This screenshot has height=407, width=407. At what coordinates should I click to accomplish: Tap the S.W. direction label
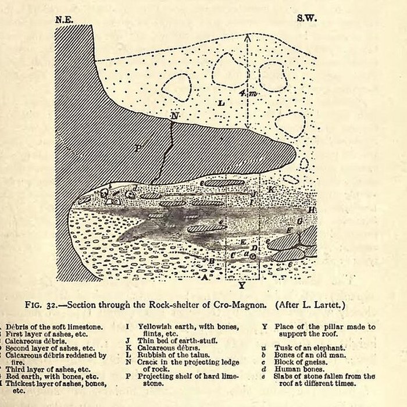tap(305, 19)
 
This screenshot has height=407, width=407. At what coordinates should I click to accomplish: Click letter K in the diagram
tap(272, 190)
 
